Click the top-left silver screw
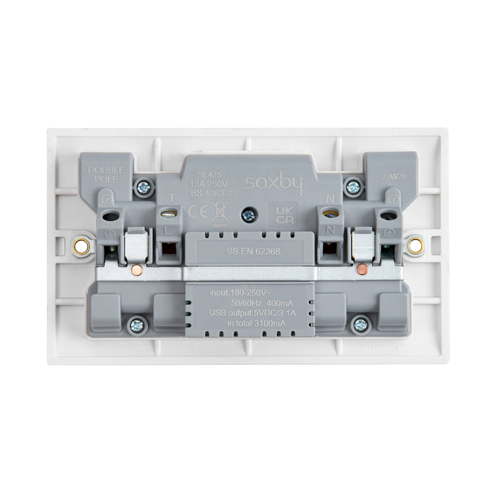144,188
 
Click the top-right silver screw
352,188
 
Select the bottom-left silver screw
136,325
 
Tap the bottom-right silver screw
360,325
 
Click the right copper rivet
363,270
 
